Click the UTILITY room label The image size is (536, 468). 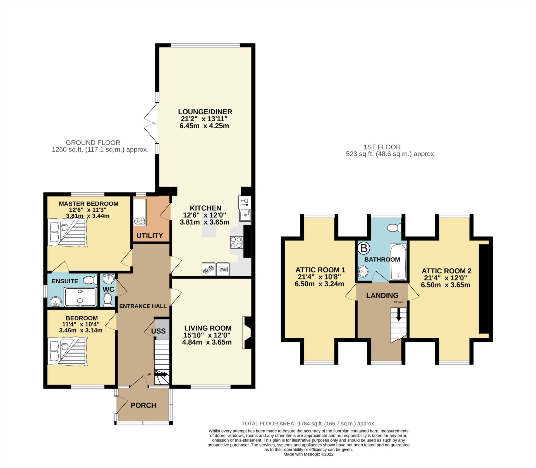pyautogui.click(x=150, y=235)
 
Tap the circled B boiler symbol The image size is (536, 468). pyautogui.click(x=364, y=248)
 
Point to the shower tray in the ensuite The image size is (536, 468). pyautogui.click(x=80, y=297)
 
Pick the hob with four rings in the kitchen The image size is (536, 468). pyautogui.click(x=236, y=242)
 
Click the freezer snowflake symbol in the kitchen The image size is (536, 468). pyautogui.click(x=208, y=269)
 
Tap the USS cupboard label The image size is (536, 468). pyautogui.click(x=158, y=331)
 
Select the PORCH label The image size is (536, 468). pyautogui.click(x=143, y=405)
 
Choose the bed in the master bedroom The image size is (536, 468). pyautogui.click(x=67, y=233)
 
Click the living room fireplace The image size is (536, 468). pyautogui.click(x=247, y=332)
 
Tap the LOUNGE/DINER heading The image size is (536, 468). pyautogui.click(x=205, y=112)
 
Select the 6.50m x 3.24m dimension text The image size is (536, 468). pyautogui.click(x=319, y=284)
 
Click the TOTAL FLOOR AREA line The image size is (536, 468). pyautogui.click(x=308, y=423)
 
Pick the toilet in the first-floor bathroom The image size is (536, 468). pyautogui.click(x=394, y=228)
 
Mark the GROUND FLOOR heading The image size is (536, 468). pyautogui.click(x=93, y=143)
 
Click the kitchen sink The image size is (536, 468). pyautogui.click(x=245, y=215)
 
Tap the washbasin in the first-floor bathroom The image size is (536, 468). pyautogui.click(x=363, y=271)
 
